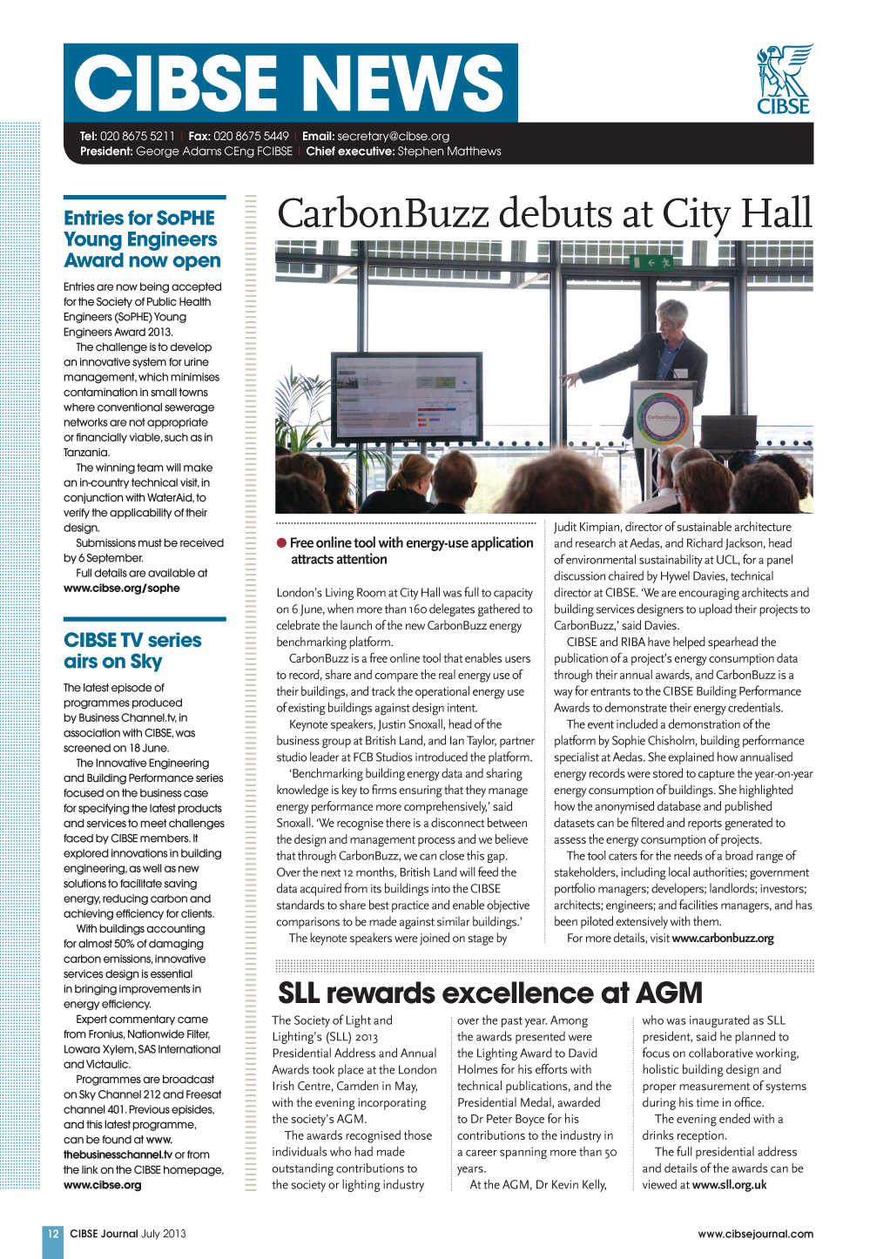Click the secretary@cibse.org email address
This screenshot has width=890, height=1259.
393,136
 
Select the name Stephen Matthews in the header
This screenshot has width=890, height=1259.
449,151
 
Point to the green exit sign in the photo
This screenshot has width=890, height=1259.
653,261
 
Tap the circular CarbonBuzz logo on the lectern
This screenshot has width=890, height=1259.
664,418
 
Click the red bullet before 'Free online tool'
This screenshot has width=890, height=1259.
282,542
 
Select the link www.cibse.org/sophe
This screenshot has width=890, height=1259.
122,589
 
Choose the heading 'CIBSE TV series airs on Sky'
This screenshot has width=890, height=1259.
132,650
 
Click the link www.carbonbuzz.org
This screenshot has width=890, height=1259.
723,939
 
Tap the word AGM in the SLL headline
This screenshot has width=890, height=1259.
669,993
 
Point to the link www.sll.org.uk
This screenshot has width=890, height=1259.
729,1185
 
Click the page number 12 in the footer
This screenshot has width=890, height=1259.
53,1234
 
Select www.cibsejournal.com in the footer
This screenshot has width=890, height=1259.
755,1234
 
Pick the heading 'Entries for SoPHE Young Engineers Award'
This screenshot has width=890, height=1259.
142,239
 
